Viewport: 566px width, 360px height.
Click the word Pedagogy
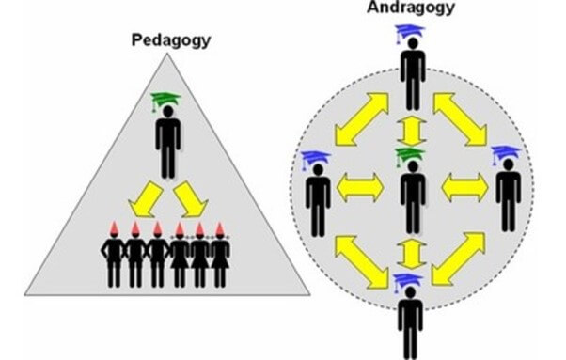pyautogui.click(x=171, y=40)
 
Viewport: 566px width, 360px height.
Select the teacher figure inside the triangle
pyautogui.click(x=167, y=141)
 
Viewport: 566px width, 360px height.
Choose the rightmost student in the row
pyautogui.click(x=220, y=260)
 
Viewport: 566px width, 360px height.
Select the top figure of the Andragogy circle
pyautogui.click(x=412, y=80)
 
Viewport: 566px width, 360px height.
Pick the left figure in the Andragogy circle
pyautogui.click(x=315, y=197)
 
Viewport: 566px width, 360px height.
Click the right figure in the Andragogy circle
pyautogui.click(x=508, y=197)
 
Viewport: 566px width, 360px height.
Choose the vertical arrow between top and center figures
pyautogui.click(x=411, y=128)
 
